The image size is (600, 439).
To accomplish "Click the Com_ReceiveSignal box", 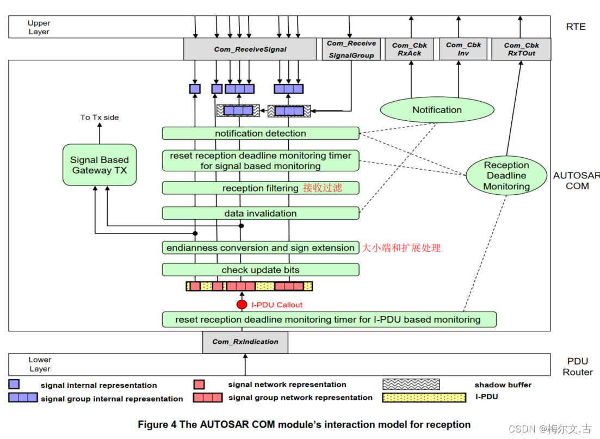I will pos(250,49).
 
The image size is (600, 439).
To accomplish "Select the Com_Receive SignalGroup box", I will pos(351,49).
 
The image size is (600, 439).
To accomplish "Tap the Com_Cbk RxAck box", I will pos(410,49).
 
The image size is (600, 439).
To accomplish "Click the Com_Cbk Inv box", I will pos(463,49).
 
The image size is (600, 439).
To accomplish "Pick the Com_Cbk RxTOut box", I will pos(521,49).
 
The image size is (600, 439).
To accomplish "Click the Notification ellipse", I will pos(437,110).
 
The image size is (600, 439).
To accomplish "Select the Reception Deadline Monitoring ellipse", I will pos(506,176).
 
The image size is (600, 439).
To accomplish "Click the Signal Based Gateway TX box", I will pos(100,165).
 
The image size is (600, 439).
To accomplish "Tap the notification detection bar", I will pos(261,133).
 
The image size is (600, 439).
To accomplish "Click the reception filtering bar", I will pos(261,188).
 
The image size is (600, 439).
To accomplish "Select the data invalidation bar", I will pos(261,213).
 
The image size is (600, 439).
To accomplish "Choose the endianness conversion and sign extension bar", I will pos(261,248).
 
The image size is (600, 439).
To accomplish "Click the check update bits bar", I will pos(261,270).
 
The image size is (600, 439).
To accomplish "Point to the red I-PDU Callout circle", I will pos(242,305).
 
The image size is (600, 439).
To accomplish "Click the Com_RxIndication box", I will pos(245,342).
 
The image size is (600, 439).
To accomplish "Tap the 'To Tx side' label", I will pos(100,117).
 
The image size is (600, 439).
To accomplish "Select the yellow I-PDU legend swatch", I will pos(424,397).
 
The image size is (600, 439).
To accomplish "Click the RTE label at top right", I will pos(576,27).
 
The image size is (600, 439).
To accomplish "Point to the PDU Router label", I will pos(577,367).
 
